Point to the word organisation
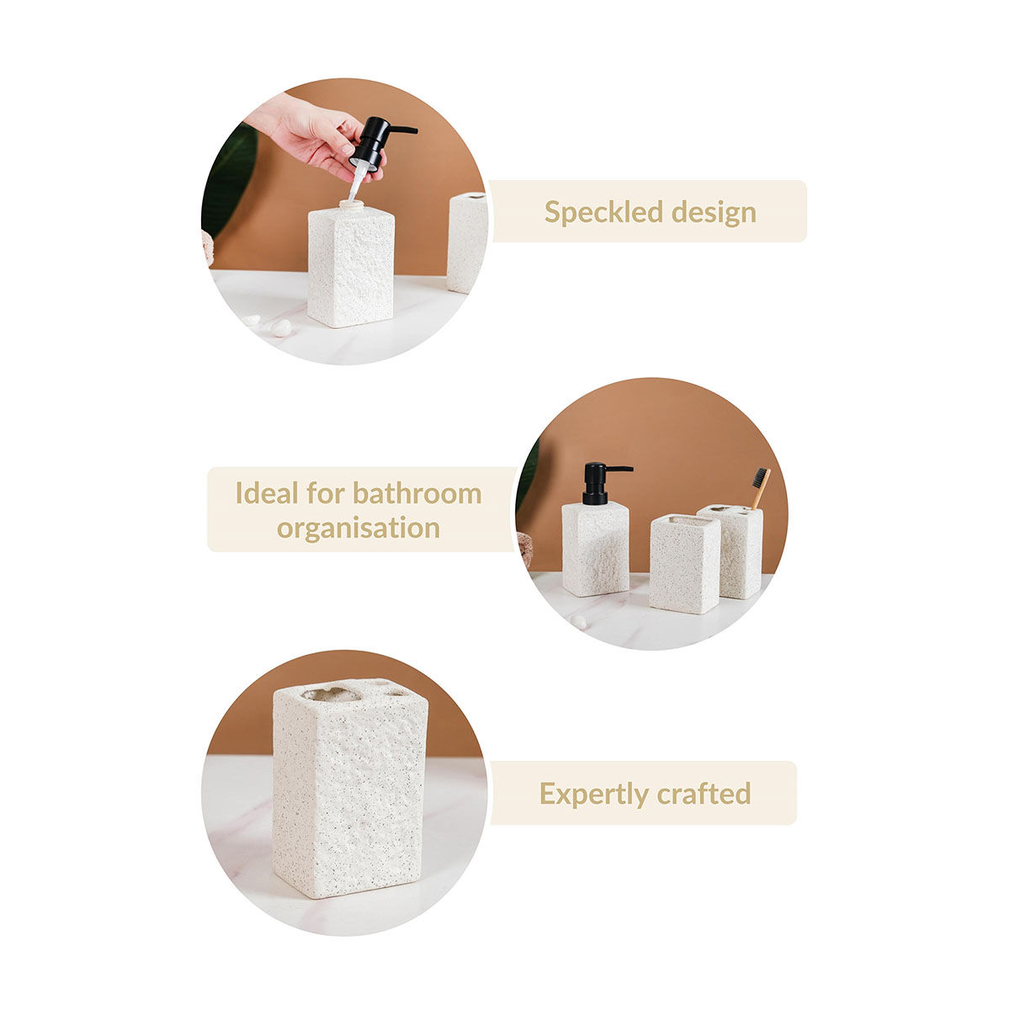pyautogui.click(x=359, y=529)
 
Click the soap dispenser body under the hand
pyautogui.click(x=350, y=265)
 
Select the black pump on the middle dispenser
pyautogui.click(x=598, y=482)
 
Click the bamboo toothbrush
pyautogui.click(x=760, y=487)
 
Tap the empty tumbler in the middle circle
pyautogui.click(x=683, y=564)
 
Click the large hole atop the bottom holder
pyautogui.click(x=331, y=694)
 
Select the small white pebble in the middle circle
pyautogui.click(x=578, y=621)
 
